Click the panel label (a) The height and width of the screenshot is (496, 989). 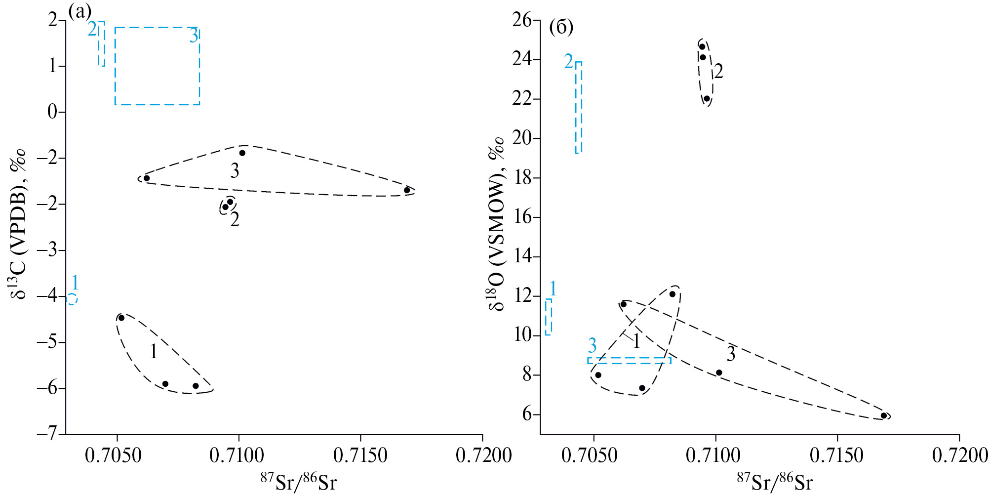coord(79,11)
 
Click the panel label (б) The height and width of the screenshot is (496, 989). coord(561,28)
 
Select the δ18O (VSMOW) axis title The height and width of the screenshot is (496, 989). coord(496,225)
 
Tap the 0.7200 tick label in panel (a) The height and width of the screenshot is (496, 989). coord(483,455)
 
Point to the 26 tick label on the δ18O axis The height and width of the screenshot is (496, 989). coord(522,20)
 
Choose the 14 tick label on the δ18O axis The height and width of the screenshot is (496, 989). coord(522,256)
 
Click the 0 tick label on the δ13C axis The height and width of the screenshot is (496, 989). coord(52,112)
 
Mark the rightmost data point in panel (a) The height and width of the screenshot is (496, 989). coord(407,190)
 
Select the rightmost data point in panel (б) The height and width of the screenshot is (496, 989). coord(883,415)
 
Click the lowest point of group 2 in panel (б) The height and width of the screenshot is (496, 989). coord(707,99)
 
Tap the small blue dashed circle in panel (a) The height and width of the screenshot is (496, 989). coord(72,299)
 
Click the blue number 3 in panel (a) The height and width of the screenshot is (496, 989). coord(194,36)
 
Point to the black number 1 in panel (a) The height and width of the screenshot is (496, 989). coord(154,352)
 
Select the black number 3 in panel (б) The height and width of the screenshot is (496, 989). coord(731,354)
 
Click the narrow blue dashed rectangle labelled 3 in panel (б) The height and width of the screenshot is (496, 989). coord(629,361)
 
